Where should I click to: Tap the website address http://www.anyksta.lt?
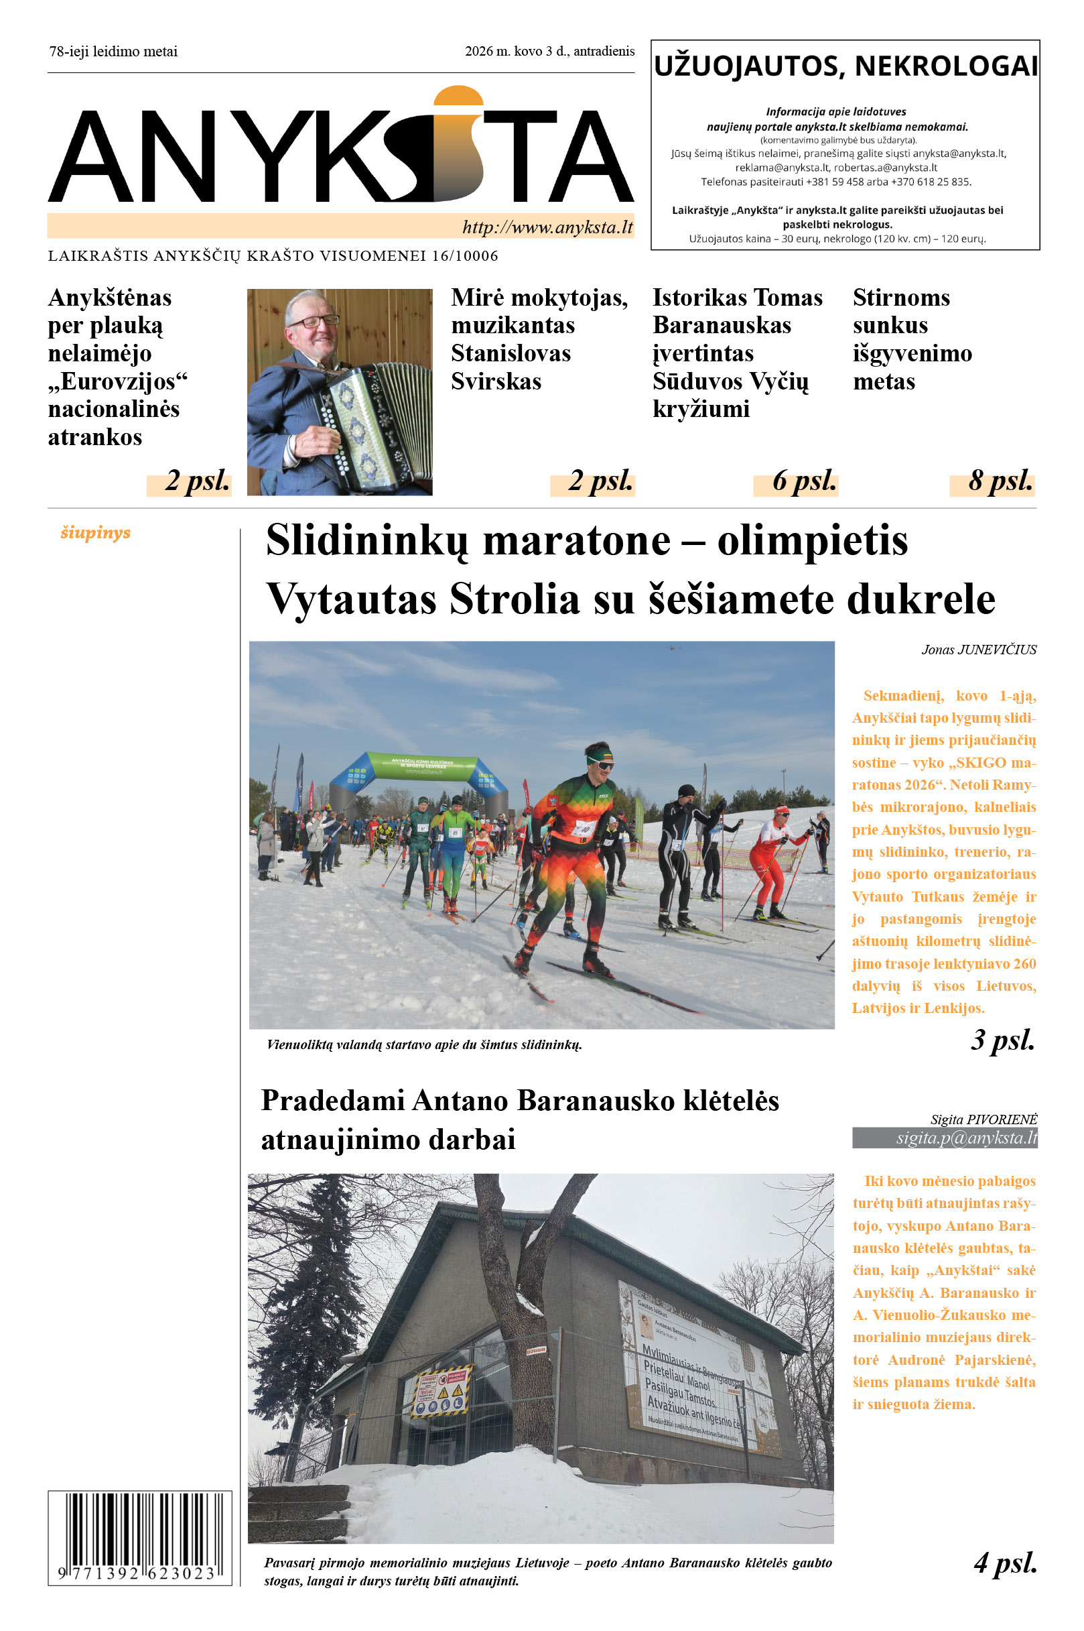pos(547,227)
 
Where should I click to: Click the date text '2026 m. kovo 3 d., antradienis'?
pos(549,51)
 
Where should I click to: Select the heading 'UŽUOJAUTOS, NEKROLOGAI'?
pos(845,66)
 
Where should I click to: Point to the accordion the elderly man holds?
pos(370,422)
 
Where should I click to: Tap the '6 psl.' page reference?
pos(804,481)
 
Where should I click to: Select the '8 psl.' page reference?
pos(1000,481)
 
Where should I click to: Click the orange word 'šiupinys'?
pos(95,532)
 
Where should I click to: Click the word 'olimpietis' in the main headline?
pos(812,541)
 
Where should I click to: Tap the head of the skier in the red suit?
pos(781,810)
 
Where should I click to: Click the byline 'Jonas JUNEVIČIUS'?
pos(978,650)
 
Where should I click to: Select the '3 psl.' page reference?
pos(1002,1040)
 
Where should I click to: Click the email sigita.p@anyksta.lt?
pos(967,1138)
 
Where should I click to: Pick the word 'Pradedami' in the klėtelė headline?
pos(332,1101)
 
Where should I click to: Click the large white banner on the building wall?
pos(698,1370)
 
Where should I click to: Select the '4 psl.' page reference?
pos(1005,1563)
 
